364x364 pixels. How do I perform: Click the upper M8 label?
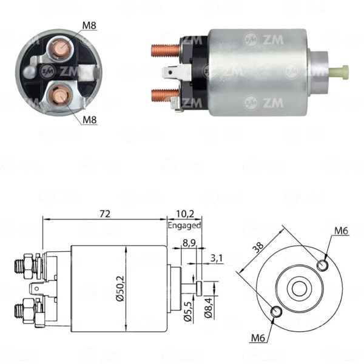[x=89, y=25]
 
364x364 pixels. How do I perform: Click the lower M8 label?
[x=90, y=120]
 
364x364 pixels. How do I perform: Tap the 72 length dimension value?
[x=105, y=214]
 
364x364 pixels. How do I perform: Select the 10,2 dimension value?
[x=185, y=214]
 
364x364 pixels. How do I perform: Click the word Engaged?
[x=184, y=226]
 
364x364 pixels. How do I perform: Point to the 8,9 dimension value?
[x=189, y=243]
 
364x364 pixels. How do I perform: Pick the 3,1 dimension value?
[x=217, y=258]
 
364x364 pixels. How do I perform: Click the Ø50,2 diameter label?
[x=121, y=289]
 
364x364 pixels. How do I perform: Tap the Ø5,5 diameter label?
[x=188, y=312]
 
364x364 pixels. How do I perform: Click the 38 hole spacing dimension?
[x=258, y=248]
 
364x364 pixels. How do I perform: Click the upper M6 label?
[x=341, y=231]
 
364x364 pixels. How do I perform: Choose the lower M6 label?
[x=258, y=339]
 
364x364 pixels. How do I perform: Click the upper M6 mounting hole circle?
[x=323, y=265]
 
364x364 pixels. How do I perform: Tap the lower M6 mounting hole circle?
[x=277, y=311]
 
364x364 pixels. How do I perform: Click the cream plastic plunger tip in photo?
[x=339, y=72]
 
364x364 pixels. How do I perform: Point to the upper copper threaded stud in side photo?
[x=165, y=50]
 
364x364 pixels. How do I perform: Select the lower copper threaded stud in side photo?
[x=164, y=95]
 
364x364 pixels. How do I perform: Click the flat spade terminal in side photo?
[x=177, y=73]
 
